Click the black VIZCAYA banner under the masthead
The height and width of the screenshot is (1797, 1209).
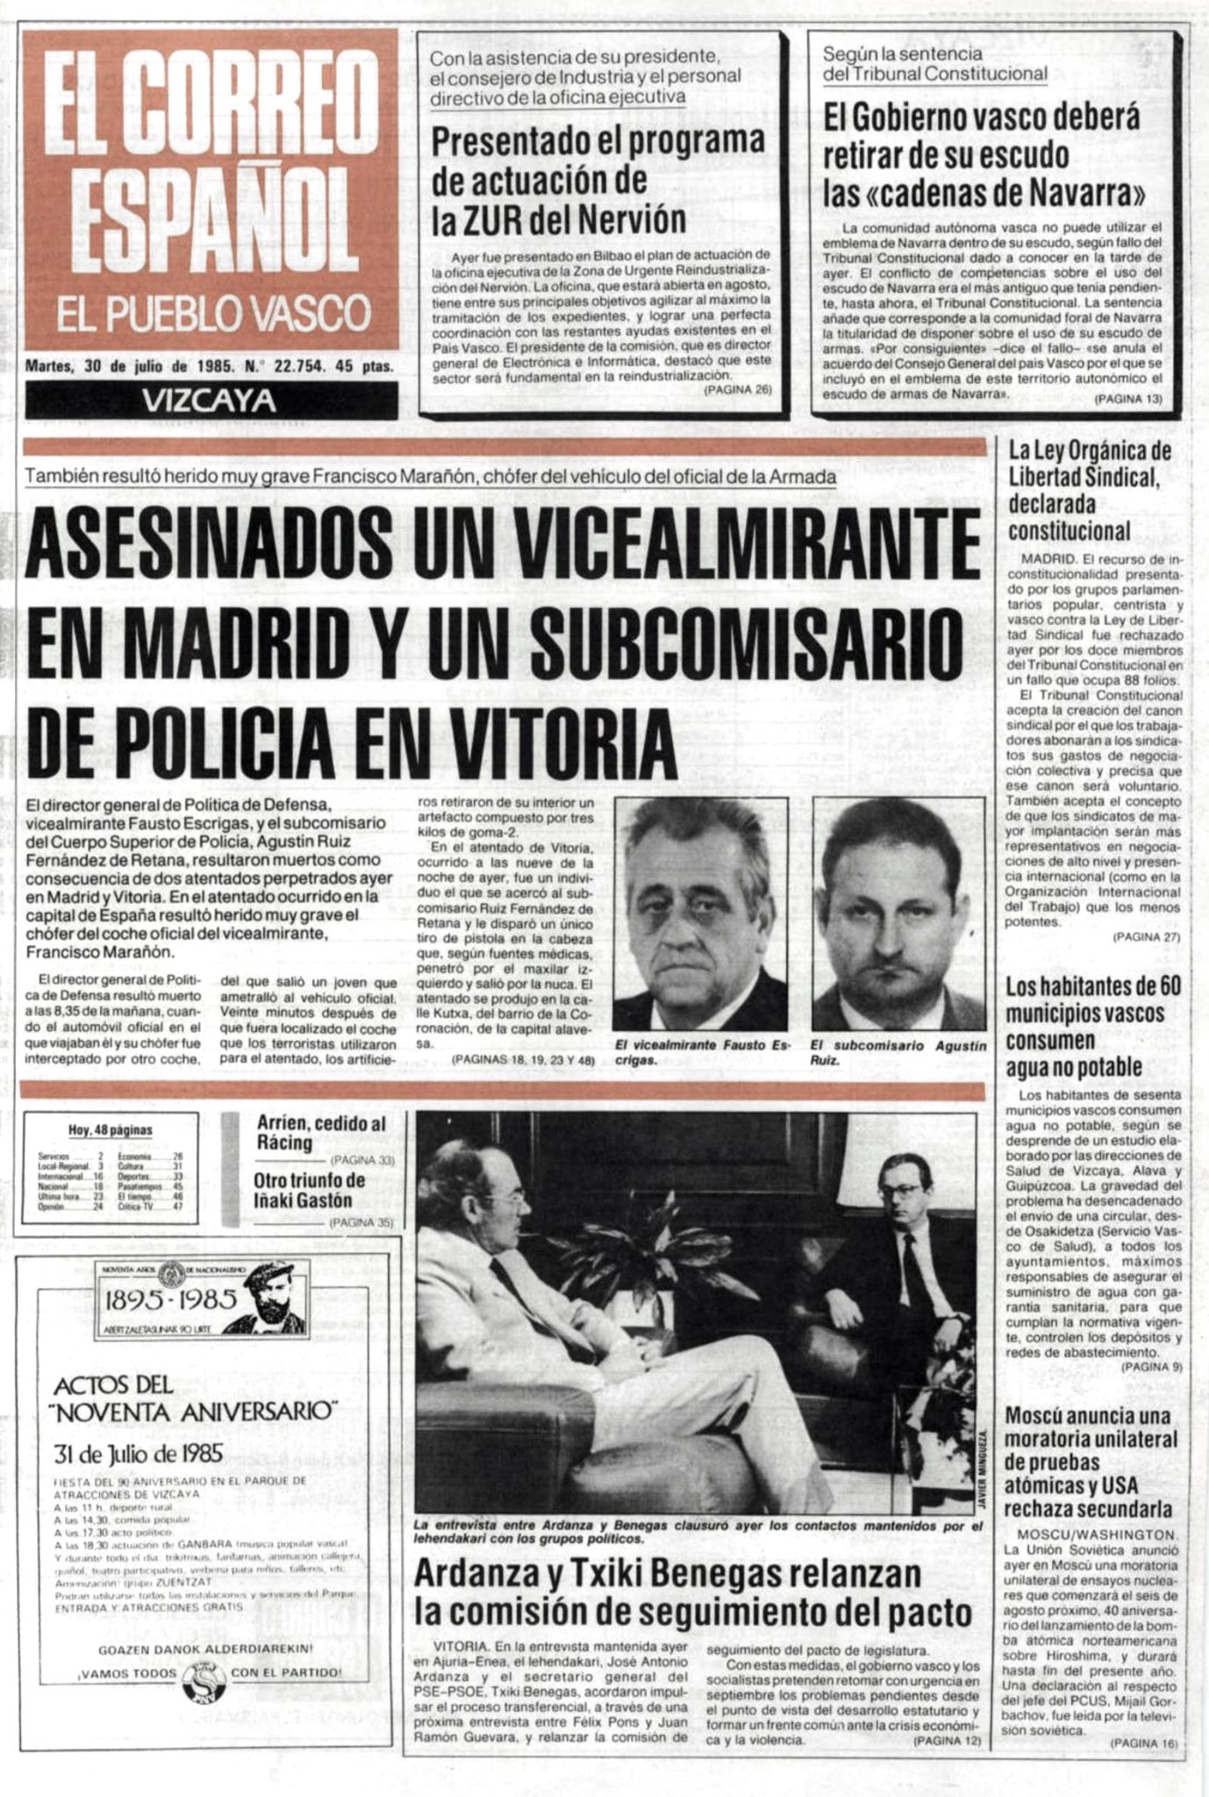point(211,400)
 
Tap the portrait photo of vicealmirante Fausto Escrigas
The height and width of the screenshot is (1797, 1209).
point(699,913)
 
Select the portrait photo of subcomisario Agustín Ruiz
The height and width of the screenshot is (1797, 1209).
point(898,913)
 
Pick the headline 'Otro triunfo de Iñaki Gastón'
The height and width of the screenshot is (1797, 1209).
point(309,1190)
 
